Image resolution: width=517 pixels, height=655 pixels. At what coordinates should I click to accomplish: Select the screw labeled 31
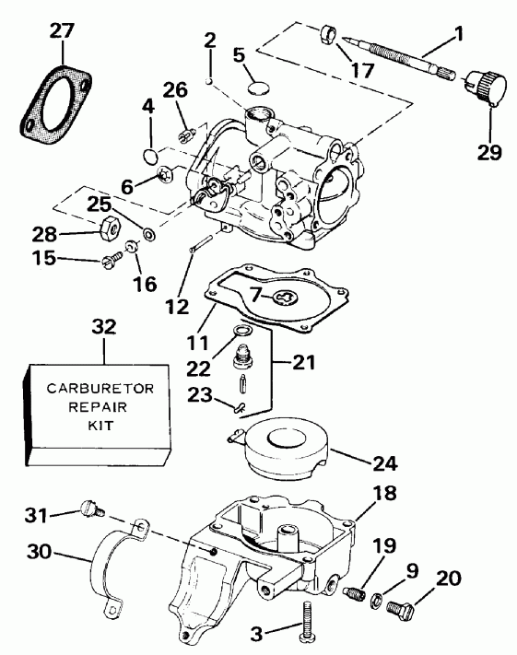pyautogui.click(x=89, y=506)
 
